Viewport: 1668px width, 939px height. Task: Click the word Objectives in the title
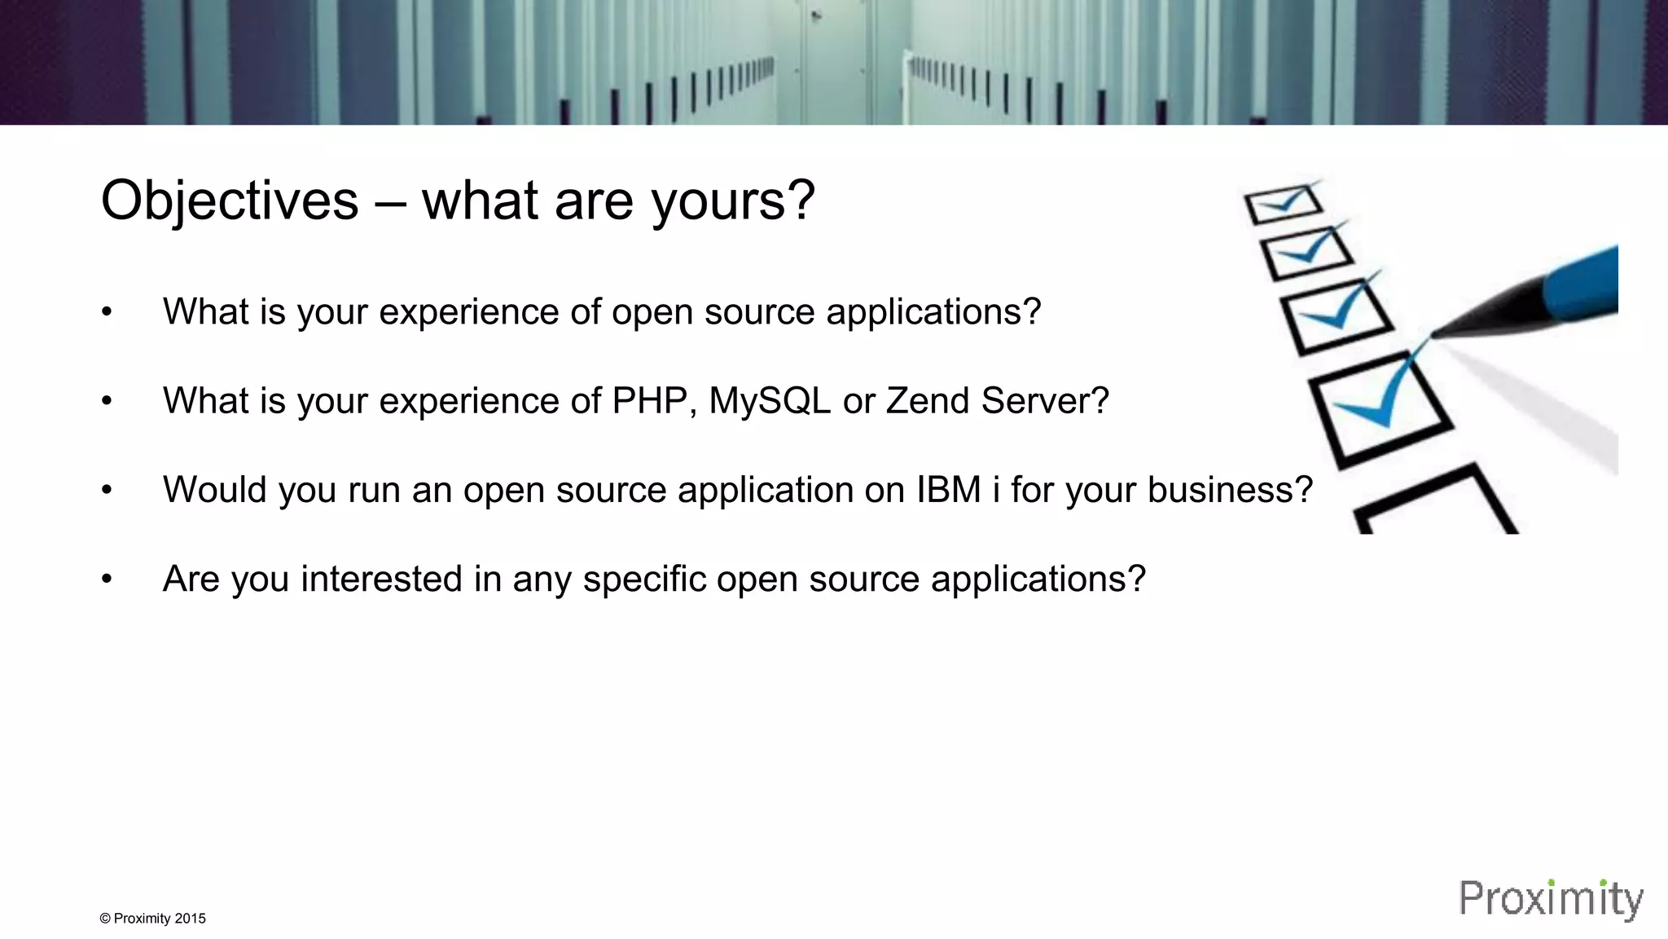tap(229, 201)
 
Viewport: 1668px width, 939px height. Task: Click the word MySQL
tap(769, 401)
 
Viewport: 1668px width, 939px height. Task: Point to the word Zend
tap(927, 401)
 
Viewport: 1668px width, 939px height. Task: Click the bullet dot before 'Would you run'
tap(107, 491)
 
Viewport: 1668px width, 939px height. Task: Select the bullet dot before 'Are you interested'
tap(107, 580)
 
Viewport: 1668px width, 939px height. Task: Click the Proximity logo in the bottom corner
tap(1551, 899)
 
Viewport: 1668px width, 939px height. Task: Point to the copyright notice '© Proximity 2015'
tap(152, 919)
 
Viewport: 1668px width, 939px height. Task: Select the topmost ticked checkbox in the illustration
tap(1284, 203)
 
